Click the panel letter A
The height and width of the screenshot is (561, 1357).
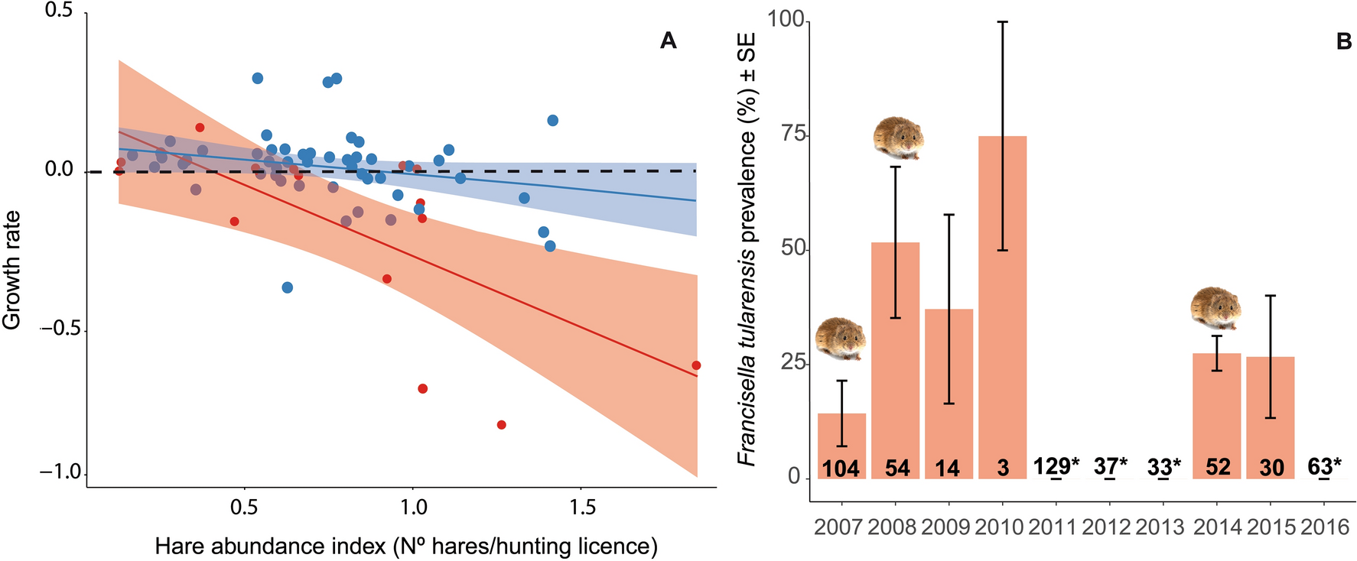point(668,41)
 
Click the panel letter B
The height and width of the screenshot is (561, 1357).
point(1344,42)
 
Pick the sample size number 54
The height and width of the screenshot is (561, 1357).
point(897,468)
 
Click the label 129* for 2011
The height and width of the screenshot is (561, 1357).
point(1056,465)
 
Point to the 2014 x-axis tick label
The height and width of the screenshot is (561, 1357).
point(1216,527)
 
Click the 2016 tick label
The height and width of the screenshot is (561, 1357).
point(1325,527)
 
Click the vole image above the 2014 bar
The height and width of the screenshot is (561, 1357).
point(1216,308)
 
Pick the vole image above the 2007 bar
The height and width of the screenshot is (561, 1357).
point(841,339)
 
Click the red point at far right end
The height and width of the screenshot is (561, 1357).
point(695,365)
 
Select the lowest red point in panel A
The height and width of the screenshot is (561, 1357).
point(501,425)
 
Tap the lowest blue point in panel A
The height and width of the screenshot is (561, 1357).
point(287,287)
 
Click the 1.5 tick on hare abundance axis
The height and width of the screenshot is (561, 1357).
point(581,507)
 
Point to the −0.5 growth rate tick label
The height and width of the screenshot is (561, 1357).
point(62,330)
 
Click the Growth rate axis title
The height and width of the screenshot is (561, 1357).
point(12,271)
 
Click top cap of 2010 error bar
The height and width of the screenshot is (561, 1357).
point(1002,22)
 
